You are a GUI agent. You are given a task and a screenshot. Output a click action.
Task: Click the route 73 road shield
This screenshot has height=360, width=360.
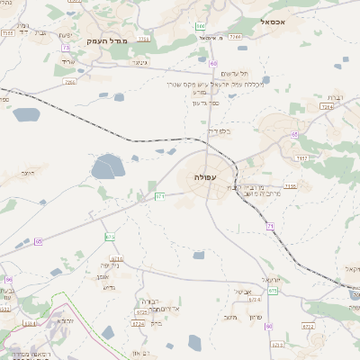pyautogui.click(x=65, y=47)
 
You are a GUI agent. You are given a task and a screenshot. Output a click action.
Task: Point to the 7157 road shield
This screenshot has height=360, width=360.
pyautogui.click(x=302, y=157)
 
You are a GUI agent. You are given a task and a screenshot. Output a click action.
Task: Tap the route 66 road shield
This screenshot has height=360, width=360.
pyautogui.click(x=8, y=280)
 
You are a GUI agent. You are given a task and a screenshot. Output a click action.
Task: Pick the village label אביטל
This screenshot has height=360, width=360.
pyautogui.click(x=241, y=292)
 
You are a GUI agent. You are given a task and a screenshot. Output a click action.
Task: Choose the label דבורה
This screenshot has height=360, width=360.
pyautogui.click(x=148, y=301)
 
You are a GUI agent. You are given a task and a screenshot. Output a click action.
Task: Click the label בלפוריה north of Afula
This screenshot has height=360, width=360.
pyautogui.click(x=220, y=132)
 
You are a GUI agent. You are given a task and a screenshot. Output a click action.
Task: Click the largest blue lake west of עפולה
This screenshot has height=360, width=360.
pyautogui.click(x=106, y=166)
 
